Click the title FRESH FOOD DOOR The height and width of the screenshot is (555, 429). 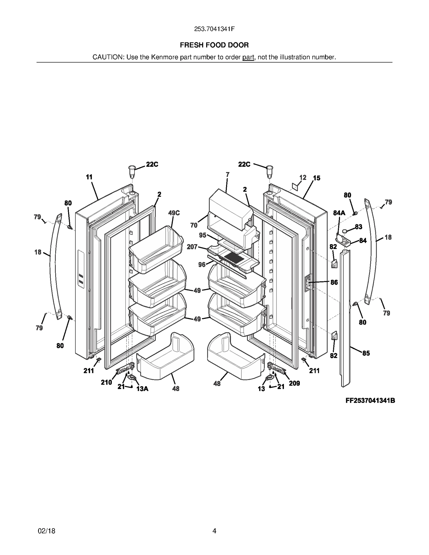click(214, 45)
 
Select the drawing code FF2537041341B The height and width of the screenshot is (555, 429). click(370, 401)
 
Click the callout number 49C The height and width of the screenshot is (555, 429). click(174, 213)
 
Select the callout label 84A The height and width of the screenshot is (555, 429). click(339, 213)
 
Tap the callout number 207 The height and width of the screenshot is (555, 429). click(192, 247)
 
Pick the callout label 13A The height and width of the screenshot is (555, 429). click(142, 389)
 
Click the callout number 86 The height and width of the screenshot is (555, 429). click(334, 282)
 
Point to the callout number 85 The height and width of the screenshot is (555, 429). click(366, 353)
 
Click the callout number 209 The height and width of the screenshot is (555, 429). click(294, 383)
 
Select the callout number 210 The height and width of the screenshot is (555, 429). click(106, 382)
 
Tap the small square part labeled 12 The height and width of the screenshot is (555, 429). click(295, 186)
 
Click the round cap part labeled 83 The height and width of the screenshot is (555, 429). click(345, 231)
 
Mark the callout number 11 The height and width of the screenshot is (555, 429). click(89, 177)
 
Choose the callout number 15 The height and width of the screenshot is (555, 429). click(317, 178)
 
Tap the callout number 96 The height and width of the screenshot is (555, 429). click(202, 265)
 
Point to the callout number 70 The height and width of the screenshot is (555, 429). click(194, 225)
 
